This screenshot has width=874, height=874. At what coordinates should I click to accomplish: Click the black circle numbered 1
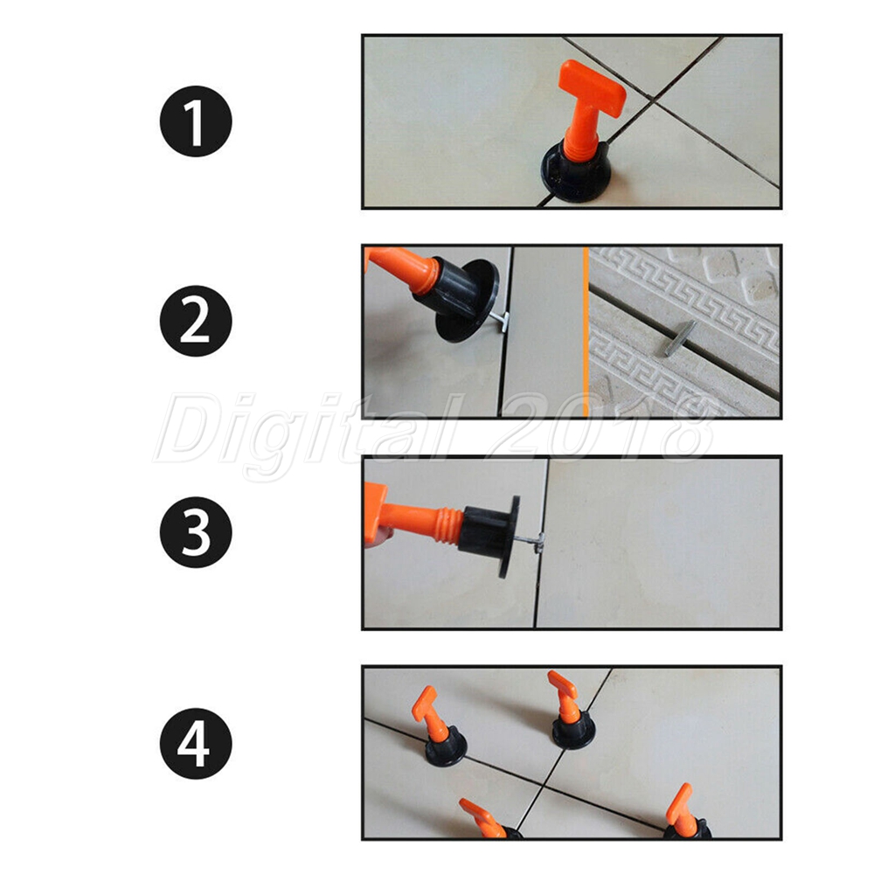[196, 121]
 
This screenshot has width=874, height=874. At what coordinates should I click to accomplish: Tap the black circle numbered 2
[196, 321]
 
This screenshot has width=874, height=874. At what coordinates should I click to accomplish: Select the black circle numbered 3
[196, 531]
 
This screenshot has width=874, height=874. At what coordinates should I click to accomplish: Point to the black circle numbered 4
[196, 743]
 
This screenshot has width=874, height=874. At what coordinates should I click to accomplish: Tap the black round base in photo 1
[575, 173]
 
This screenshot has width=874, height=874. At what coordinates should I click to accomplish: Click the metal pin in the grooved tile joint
[680, 337]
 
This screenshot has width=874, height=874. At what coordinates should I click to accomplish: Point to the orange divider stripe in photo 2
[586, 331]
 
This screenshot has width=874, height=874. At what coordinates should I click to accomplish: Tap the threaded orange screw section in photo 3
[448, 524]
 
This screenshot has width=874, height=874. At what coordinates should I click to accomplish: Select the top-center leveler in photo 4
[571, 710]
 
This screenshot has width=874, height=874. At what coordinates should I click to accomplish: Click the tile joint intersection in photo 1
[652, 101]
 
